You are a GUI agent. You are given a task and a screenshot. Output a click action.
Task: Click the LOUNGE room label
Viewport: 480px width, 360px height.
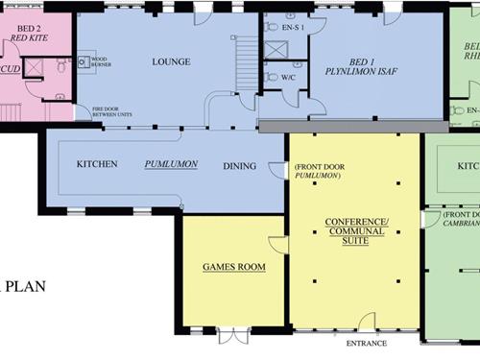[x=171, y=62]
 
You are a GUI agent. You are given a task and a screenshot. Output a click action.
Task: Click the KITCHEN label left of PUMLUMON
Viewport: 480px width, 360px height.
[x=97, y=164]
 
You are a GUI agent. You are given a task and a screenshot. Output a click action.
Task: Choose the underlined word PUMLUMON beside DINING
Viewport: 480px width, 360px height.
[x=171, y=164]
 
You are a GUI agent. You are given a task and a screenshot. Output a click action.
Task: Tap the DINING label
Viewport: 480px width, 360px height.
[x=239, y=166]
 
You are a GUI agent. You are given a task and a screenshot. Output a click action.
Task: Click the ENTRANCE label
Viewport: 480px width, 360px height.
[x=366, y=343]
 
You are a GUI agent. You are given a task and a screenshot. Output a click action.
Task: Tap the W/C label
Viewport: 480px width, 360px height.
[x=288, y=77]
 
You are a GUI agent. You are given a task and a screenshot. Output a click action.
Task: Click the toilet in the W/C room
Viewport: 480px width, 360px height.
[x=272, y=77]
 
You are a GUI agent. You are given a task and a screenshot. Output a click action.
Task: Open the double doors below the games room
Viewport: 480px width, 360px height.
[x=233, y=334]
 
